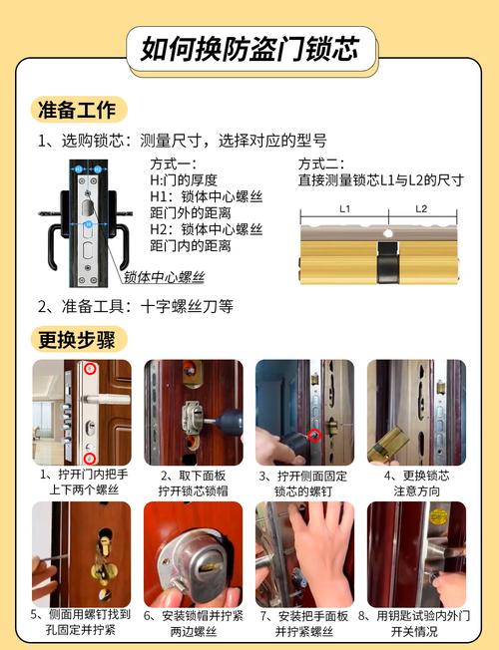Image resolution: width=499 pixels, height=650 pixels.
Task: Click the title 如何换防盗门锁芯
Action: pos(249,49)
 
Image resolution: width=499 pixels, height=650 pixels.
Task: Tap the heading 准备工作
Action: pos(77,110)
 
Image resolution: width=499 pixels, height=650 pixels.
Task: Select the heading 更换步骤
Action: pos(77,340)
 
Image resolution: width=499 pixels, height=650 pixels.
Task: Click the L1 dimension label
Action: pos(344,208)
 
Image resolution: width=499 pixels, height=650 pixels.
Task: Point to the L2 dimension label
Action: pos(421,208)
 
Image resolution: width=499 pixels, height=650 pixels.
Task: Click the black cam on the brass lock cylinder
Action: pos(388,262)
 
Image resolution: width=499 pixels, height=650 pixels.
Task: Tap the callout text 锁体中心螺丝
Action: pos(165,277)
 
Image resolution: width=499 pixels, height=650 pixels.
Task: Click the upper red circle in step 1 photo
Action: pos(90,368)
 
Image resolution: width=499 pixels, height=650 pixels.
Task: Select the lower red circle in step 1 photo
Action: pos(90,459)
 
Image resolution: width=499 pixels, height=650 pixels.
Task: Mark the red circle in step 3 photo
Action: pos(315,436)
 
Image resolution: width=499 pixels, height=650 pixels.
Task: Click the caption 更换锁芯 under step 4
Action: pos(426,476)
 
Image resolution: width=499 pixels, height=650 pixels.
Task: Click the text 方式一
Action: pos(173,164)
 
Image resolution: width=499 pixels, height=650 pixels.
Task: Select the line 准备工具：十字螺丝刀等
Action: pos(136,306)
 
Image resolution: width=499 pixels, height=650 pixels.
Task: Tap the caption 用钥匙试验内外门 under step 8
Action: pos(423,615)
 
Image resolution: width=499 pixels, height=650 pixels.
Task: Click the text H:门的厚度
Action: pos(184,180)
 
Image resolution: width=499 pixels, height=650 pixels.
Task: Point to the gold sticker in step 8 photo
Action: pos(439,516)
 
